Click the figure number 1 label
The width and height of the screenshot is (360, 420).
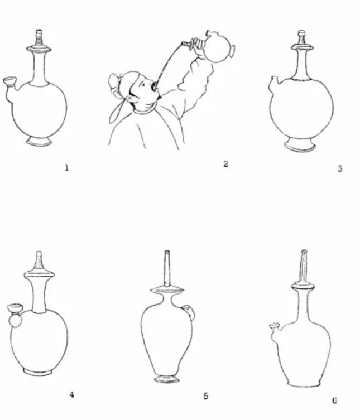click(x=67, y=168)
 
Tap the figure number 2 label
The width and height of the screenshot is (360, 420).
click(x=226, y=164)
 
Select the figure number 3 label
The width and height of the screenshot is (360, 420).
click(x=339, y=168)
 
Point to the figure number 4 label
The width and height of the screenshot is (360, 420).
click(x=71, y=394)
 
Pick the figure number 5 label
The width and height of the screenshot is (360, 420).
click(x=205, y=396)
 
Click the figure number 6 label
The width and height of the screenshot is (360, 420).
click(x=334, y=400)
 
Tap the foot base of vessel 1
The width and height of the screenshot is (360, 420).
click(x=39, y=142)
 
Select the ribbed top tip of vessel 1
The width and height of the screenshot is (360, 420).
click(x=39, y=37)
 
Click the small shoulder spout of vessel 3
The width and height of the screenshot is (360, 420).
click(x=273, y=80)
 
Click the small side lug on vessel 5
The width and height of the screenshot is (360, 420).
click(x=190, y=311)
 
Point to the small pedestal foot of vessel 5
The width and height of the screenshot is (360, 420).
click(x=167, y=379)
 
